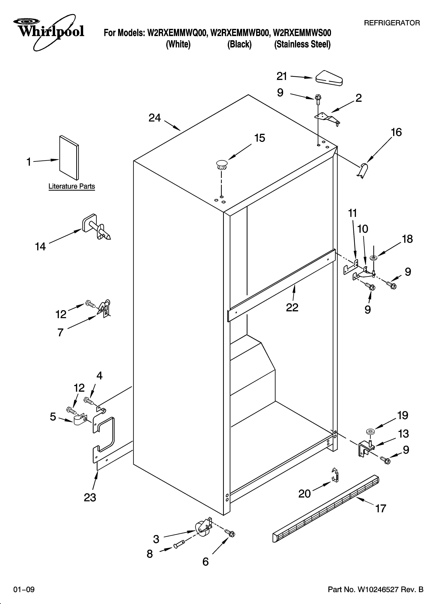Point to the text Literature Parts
[x=72, y=186]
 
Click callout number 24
[x=155, y=118]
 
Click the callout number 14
[x=40, y=247]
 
